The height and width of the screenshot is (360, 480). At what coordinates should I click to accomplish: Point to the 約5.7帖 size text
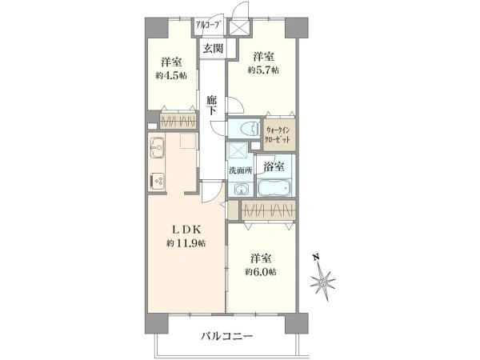pos(262,70)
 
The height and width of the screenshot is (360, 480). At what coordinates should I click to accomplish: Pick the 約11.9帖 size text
pos(186,242)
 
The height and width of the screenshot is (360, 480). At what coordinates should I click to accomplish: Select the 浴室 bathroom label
pos(274,166)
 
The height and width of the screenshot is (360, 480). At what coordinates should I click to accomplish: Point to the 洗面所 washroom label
pos(241,170)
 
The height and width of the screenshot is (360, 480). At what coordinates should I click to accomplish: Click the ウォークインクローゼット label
pos(280,136)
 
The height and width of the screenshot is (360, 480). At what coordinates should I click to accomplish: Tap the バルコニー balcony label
pos(226,337)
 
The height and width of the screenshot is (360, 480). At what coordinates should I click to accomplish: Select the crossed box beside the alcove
pos(240,27)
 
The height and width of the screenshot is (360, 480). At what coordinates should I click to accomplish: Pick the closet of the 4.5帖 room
pos(178,122)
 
